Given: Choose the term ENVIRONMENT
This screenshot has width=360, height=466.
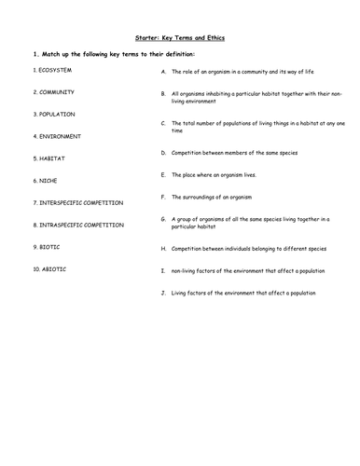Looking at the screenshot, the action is (x=60, y=136).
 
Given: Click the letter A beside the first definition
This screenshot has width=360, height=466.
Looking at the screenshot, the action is (x=163, y=71).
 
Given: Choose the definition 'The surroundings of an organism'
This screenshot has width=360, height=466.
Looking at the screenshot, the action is (x=214, y=197).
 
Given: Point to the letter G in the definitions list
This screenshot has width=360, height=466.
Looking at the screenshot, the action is (x=163, y=218).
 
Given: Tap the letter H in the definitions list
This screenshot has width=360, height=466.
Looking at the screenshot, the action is (x=163, y=249).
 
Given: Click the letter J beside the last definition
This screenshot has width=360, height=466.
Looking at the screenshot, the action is (x=163, y=293).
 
